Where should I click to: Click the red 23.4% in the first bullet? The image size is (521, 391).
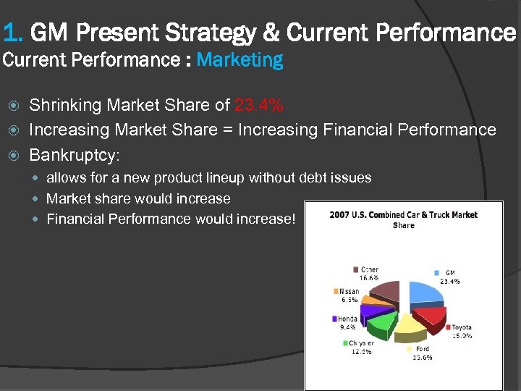click(x=259, y=106)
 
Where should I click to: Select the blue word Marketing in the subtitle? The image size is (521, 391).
click(x=240, y=60)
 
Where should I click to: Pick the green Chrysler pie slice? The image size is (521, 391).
click(x=379, y=323)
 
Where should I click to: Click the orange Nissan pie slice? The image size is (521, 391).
click(x=370, y=299)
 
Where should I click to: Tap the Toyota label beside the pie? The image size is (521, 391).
click(x=461, y=327)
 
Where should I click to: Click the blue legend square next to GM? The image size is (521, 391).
click(x=438, y=273)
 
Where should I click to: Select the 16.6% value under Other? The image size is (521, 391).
click(x=369, y=277)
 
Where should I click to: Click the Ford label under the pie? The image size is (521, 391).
click(x=421, y=349)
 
